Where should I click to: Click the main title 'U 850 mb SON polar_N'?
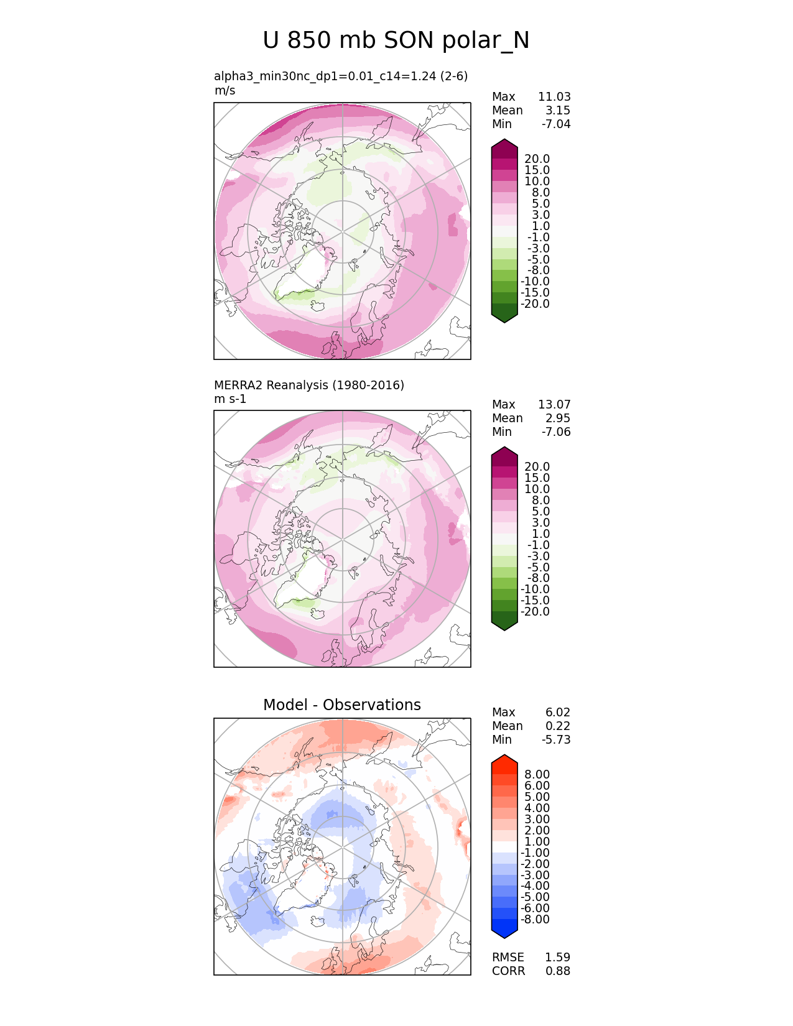click(x=396, y=41)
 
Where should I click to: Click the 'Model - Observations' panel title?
click(x=341, y=705)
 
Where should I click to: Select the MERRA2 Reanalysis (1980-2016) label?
click(x=308, y=385)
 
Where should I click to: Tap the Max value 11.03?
click(x=554, y=96)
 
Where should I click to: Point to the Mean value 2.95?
click(x=558, y=418)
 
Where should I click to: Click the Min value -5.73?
click(x=556, y=739)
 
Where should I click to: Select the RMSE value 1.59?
click(x=557, y=957)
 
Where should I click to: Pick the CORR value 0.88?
click(x=557, y=971)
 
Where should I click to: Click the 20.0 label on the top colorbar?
click(x=537, y=159)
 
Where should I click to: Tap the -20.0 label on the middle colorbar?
click(x=535, y=611)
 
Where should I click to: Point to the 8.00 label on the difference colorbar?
click(x=537, y=774)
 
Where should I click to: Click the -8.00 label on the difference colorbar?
click(x=535, y=919)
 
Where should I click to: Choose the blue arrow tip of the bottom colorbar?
click(x=504, y=933)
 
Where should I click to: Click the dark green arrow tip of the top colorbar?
click(x=504, y=318)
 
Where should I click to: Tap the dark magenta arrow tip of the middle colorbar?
click(x=504, y=451)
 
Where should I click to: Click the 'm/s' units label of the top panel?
click(x=225, y=90)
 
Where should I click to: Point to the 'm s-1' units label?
click(x=230, y=399)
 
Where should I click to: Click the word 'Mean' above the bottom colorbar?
click(x=507, y=726)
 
